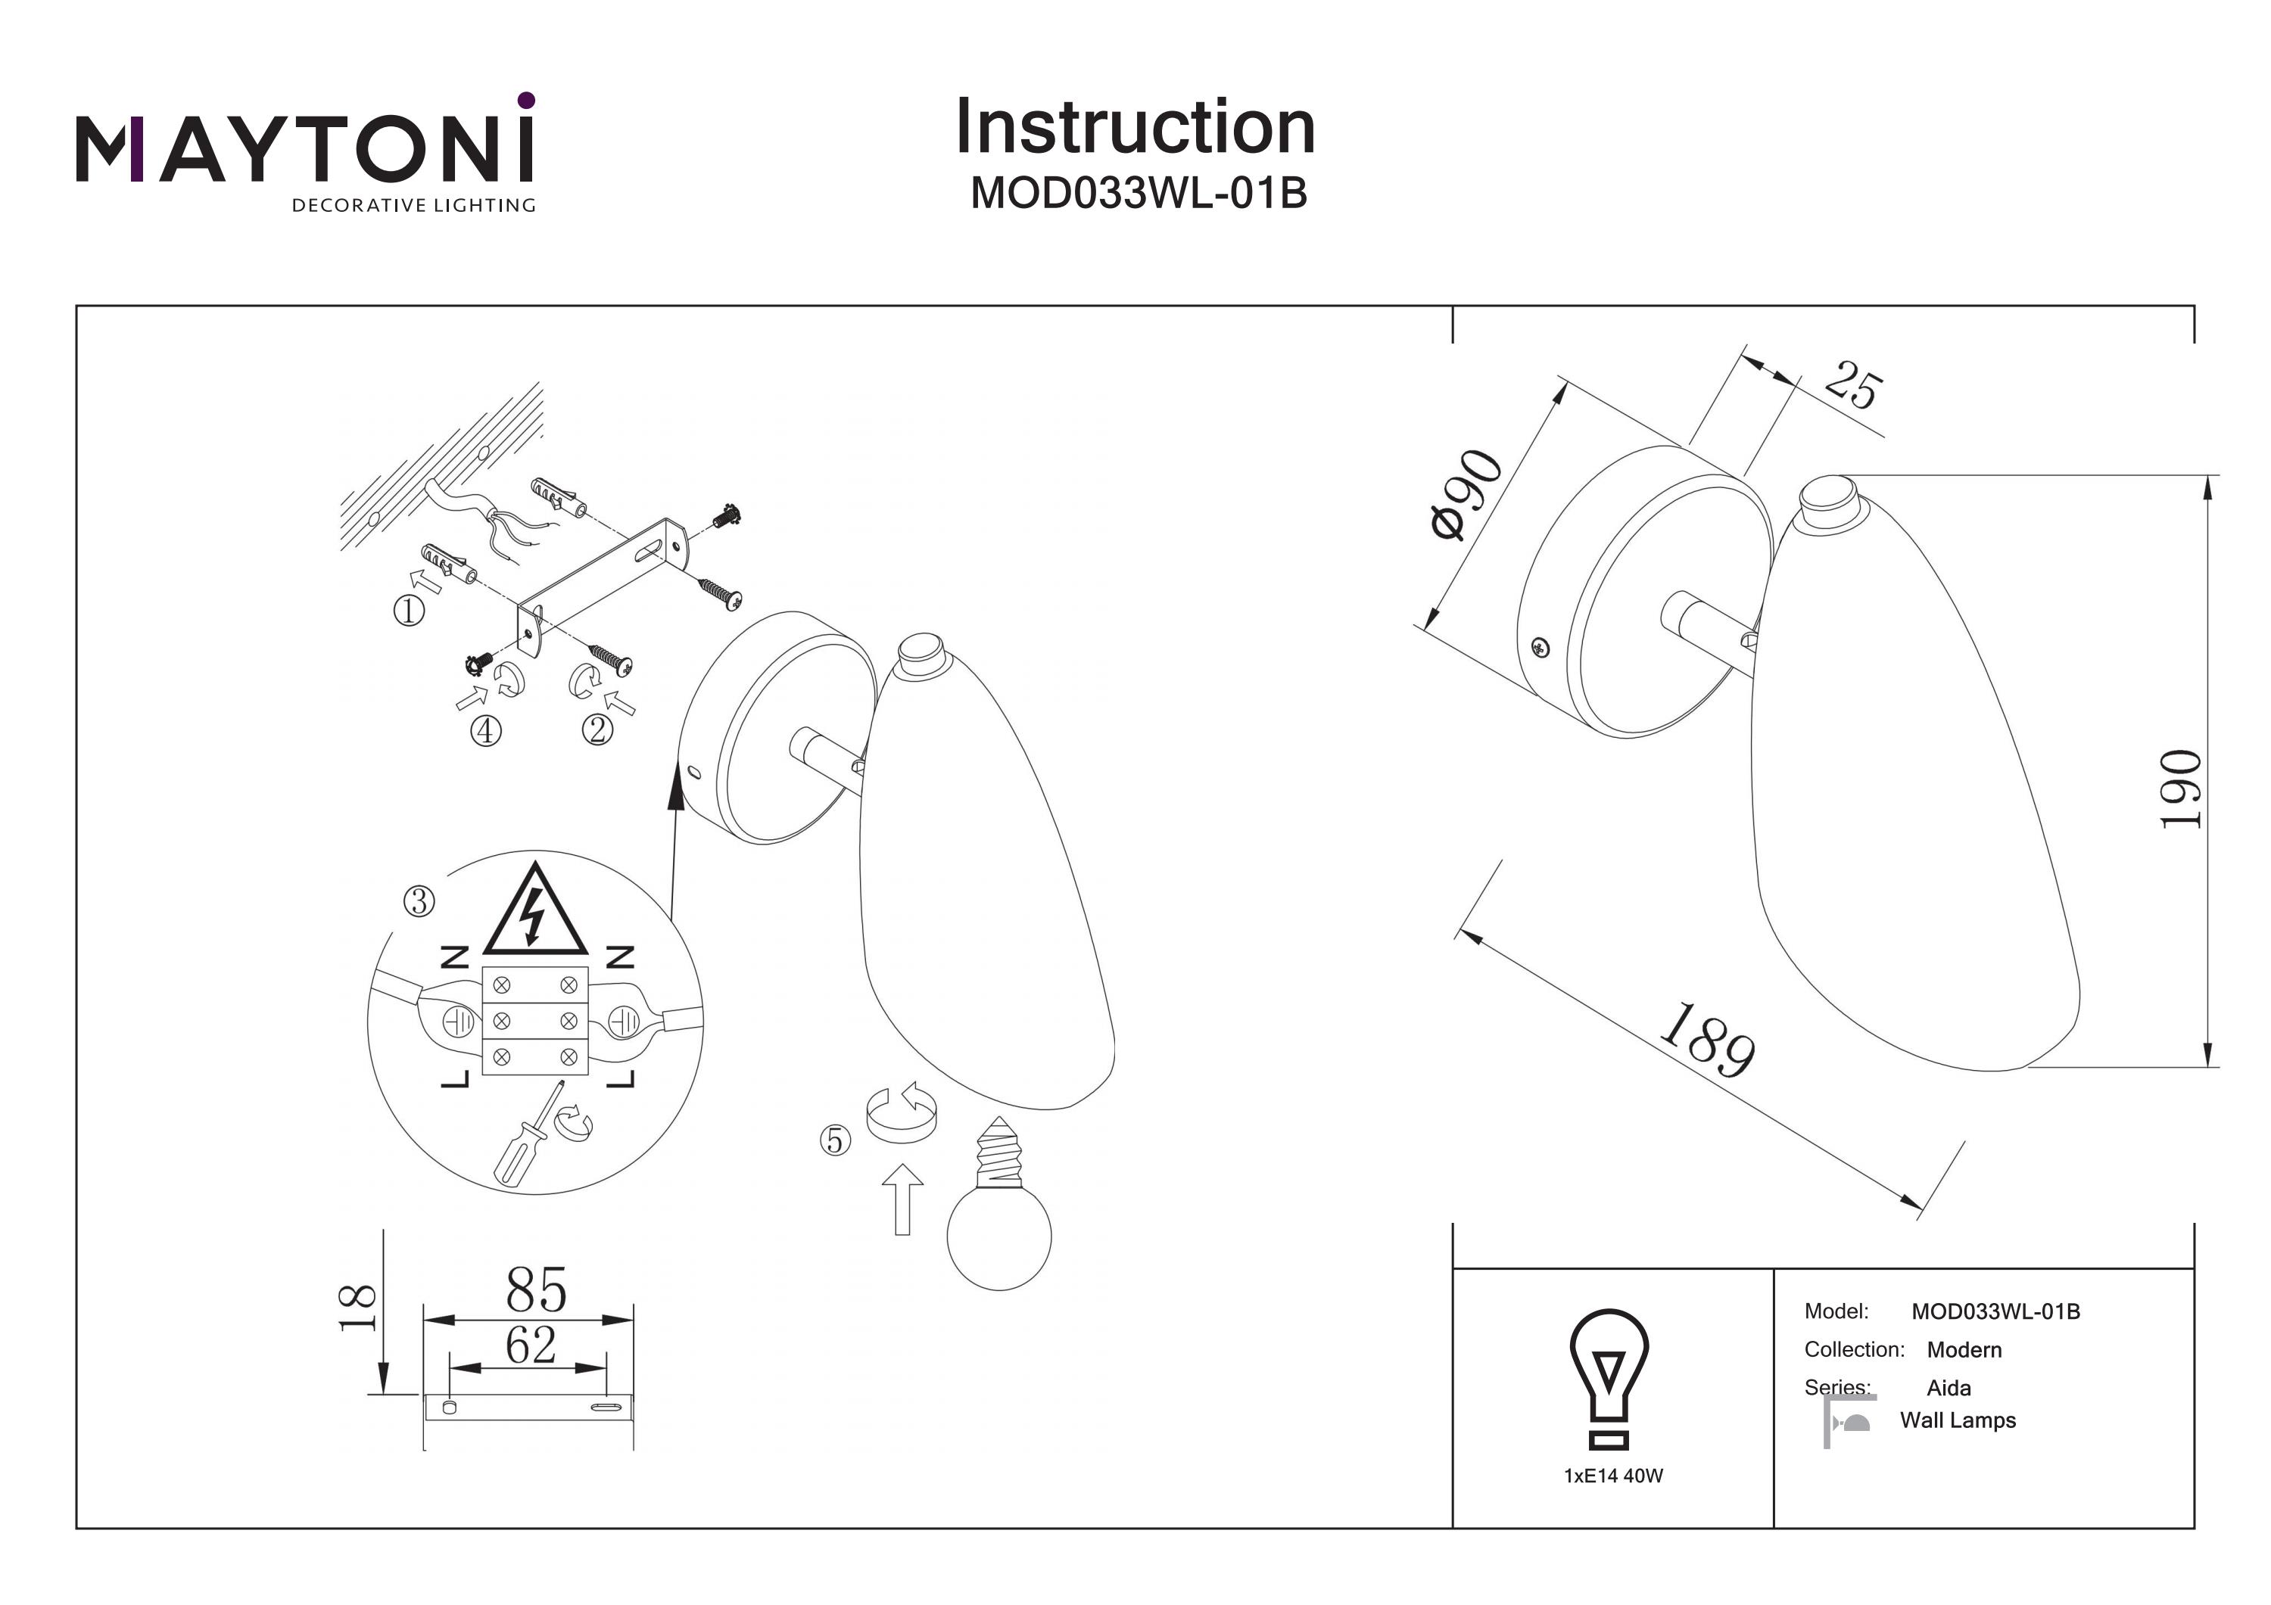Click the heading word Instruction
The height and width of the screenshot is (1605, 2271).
click(x=1135, y=128)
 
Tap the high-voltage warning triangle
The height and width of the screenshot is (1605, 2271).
click(x=534, y=910)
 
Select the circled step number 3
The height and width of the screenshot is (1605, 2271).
click(x=419, y=901)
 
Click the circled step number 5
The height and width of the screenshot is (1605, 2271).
click(x=836, y=1140)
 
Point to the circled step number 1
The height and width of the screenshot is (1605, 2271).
click(x=410, y=610)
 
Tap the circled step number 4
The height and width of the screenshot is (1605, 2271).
click(x=486, y=731)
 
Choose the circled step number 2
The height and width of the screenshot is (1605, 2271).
click(x=597, y=729)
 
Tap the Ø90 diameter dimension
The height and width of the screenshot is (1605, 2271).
click(x=1467, y=494)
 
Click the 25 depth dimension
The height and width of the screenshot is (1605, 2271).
click(x=1851, y=386)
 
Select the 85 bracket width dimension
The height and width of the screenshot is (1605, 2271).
click(x=536, y=1289)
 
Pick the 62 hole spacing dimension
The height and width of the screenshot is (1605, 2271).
click(x=531, y=1344)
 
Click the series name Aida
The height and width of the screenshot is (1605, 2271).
click(x=1949, y=1387)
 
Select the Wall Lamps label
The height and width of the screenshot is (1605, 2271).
click(x=1958, y=1420)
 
